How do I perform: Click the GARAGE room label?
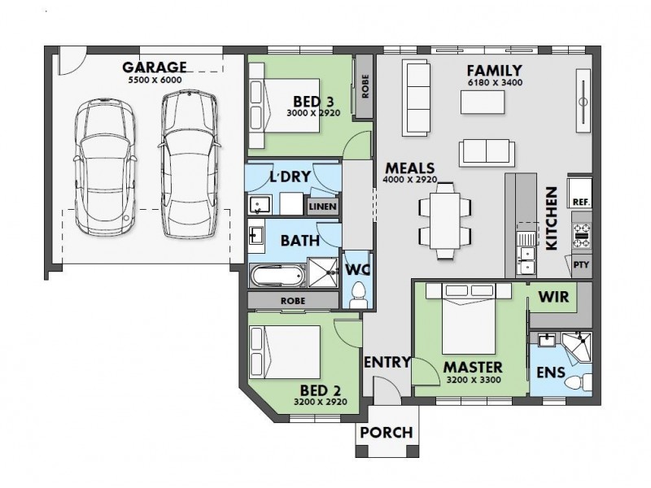coord(155,67)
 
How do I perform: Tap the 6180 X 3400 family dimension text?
coord(495,83)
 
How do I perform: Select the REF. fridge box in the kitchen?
coord(580,192)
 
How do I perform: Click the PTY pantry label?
coord(581,264)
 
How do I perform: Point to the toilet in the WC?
coord(358,295)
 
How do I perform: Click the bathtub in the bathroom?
coord(277,276)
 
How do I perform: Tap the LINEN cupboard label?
coord(323,207)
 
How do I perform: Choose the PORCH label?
coord(387,433)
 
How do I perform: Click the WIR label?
coord(553,297)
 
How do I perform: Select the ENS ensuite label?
coord(551,373)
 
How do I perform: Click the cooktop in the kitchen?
coord(582,235)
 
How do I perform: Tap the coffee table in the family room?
coord(483,102)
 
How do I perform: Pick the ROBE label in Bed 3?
coord(365,86)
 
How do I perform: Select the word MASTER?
coord(473,368)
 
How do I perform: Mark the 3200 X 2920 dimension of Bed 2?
coord(320,402)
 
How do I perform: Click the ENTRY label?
coord(387,362)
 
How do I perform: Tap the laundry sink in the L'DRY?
coord(260,205)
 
